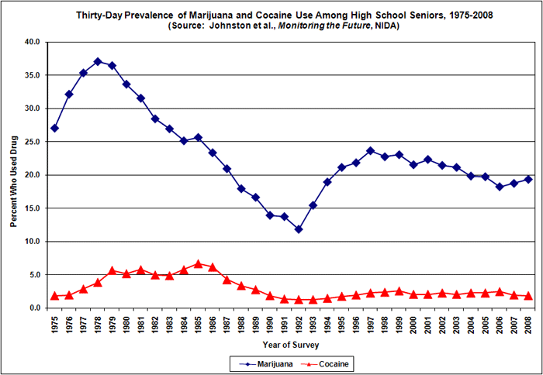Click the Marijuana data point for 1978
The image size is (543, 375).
tap(98, 61)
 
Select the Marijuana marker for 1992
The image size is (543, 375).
tap(298, 229)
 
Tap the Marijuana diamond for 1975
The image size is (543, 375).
tap(54, 128)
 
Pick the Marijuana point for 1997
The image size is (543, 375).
tap(370, 150)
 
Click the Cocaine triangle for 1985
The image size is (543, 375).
tap(198, 263)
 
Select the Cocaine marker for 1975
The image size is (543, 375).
tap(54, 295)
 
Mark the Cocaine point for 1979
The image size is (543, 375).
tap(112, 270)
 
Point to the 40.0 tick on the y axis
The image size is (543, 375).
tap(30, 42)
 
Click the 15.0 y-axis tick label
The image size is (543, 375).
tap(30, 208)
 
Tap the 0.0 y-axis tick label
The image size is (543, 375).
tap(33, 308)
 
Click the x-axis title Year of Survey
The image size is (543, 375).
tap(290, 345)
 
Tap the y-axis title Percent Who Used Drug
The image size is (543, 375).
tap(12, 175)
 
